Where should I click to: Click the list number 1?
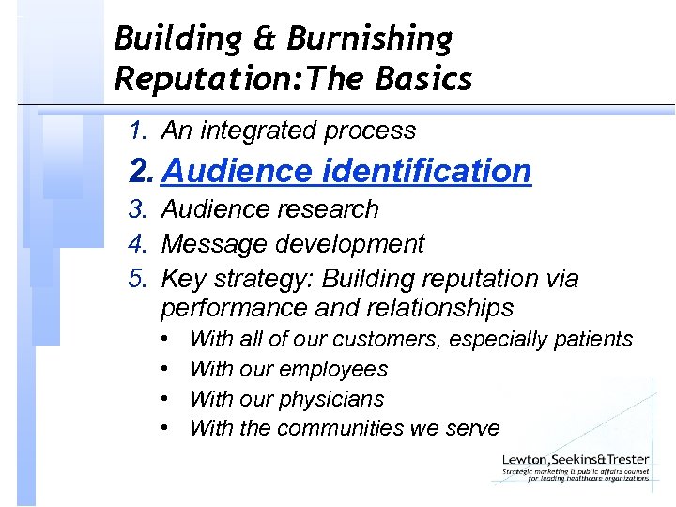(139, 131)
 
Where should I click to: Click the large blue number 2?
(143, 171)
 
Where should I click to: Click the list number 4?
(139, 244)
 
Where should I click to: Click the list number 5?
(139, 279)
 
